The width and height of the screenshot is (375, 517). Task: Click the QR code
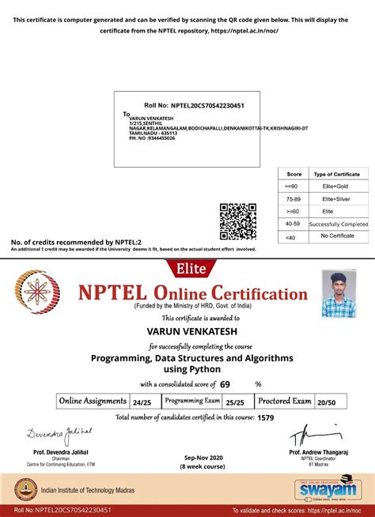pos(237,221)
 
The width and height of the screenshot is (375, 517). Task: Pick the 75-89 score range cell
pos(294,199)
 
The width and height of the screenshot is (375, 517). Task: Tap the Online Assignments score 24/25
pos(142,402)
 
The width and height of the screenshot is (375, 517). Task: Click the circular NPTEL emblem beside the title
pos(42,295)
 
